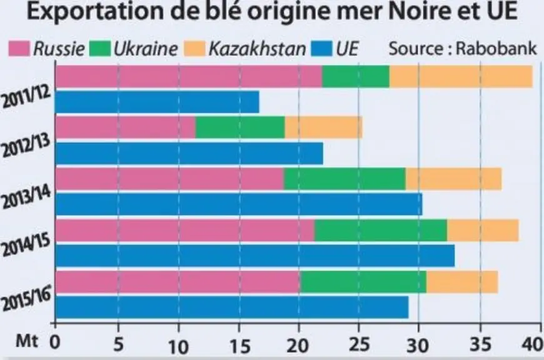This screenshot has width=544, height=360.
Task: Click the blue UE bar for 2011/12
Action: coord(157,102)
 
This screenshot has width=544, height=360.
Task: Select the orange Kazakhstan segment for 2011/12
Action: coord(461,76)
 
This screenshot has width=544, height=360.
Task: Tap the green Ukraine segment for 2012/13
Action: coord(240,127)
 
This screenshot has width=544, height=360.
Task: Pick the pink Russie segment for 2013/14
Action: coord(169,179)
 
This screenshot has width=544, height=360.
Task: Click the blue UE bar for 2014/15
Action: coord(255,256)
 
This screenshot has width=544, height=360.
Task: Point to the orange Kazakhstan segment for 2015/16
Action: coord(462,282)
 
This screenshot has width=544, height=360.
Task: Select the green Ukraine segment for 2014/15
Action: coord(381,230)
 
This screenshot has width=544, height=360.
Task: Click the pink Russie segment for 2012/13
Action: coord(125,127)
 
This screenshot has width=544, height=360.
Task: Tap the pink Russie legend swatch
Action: coord(19,49)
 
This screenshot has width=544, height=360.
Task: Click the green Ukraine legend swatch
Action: coord(100,49)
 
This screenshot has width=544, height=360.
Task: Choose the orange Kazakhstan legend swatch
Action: coord(194,49)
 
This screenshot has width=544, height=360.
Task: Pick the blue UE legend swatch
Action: coord(322,49)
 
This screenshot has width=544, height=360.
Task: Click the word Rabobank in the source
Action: coord(496,48)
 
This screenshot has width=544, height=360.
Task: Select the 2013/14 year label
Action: coord(27,196)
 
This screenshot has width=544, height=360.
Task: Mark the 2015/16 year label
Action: coord(27,298)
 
